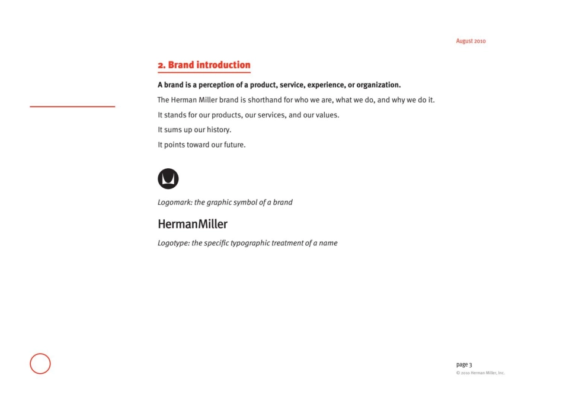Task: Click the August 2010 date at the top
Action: click(471, 41)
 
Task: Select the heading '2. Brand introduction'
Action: click(204, 65)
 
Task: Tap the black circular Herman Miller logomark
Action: click(168, 179)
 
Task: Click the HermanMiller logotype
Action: click(193, 225)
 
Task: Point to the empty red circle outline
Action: click(40, 363)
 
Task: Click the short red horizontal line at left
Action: click(72, 107)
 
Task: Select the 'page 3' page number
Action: click(464, 364)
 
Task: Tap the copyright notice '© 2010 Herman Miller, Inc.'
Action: click(480, 373)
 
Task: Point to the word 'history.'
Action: click(219, 130)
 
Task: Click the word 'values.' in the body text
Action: click(327, 115)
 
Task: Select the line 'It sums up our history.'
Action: click(194, 130)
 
